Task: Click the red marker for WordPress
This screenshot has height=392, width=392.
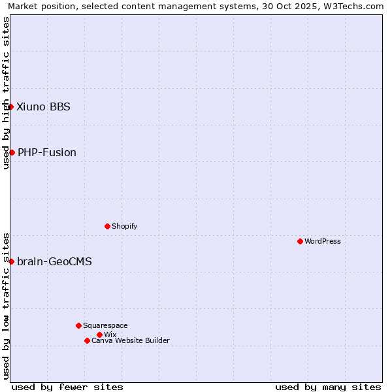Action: pos(300,241)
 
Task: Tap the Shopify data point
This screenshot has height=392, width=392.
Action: pos(107,226)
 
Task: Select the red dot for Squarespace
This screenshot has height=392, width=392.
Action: pos(78,325)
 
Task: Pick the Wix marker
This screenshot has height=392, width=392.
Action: pos(99,335)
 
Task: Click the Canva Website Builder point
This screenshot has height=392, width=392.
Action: pos(87,340)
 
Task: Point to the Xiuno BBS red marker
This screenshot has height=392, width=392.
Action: pos(11,106)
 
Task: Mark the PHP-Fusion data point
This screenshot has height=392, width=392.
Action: pos(12,152)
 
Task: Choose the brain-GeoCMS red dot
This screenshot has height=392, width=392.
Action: pos(11,261)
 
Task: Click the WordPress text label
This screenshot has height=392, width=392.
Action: pos(323,241)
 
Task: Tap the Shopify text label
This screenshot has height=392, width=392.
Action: pos(125,226)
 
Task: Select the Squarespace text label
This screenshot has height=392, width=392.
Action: pos(105,325)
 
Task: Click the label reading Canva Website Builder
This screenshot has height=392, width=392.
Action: pos(131,340)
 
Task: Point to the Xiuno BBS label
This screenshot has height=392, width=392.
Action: pos(43,106)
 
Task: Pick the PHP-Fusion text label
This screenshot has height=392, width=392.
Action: pos(47,152)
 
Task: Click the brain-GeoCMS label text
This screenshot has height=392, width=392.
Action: pos(54,261)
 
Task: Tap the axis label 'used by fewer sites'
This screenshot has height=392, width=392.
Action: pos(67,387)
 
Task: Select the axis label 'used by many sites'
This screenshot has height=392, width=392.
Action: pos(328,387)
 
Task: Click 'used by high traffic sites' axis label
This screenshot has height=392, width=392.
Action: pos(6,93)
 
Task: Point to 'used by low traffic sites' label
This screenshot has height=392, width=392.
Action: pos(6,305)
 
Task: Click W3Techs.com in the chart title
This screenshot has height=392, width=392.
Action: pos(353,6)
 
